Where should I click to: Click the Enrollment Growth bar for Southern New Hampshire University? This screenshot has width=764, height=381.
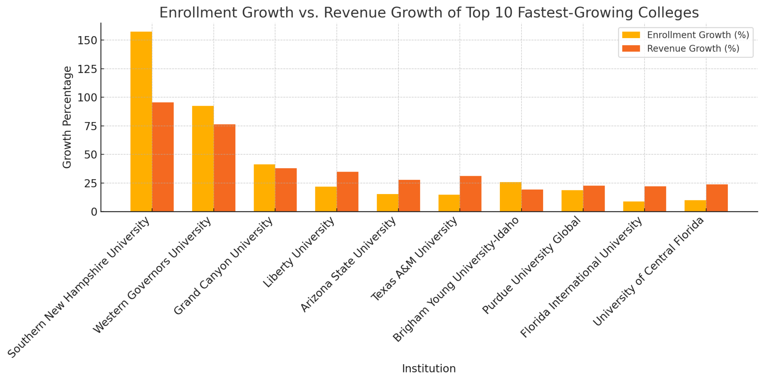coord(141,122)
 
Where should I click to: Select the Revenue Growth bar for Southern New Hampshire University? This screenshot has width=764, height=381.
coord(163,157)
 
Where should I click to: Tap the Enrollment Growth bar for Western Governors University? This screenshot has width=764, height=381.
coord(203,159)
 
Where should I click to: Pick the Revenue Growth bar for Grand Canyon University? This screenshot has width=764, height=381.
coord(286,190)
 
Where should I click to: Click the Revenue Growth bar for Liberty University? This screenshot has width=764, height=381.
coord(347,192)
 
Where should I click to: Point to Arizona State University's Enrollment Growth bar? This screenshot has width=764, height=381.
coord(387,203)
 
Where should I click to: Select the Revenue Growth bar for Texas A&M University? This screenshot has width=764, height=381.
coord(470,194)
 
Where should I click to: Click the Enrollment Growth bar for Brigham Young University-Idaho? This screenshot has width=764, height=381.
coord(510,197)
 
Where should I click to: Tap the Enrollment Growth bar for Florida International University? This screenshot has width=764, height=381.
coord(633,207)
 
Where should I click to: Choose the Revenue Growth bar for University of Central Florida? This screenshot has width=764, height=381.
coord(717,198)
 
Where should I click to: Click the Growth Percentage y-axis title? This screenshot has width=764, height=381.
coord(67,117)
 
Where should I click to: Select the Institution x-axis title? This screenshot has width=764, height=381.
coord(429,369)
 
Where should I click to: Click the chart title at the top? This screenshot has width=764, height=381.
coord(429,13)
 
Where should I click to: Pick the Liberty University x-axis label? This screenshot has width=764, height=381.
coord(299,253)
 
